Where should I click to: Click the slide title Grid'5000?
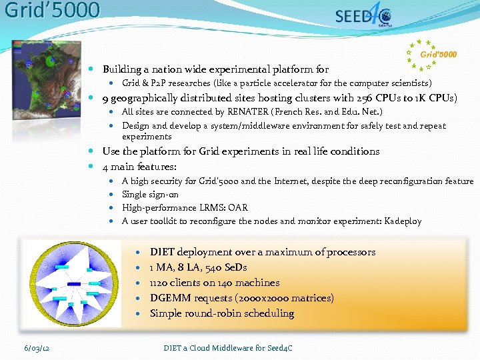pos(52,11)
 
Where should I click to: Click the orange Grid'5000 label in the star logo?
pos(439,54)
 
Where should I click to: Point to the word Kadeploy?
pos(403,221)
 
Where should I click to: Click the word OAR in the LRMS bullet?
pos(238,207)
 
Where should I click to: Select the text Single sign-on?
pos(150,194)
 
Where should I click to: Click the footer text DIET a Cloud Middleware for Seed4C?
pos(228,348)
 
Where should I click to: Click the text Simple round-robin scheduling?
pos(221,313)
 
